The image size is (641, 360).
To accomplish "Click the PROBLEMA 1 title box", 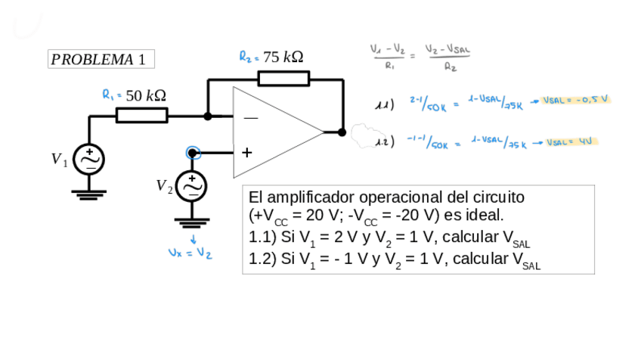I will [x=101, y=59].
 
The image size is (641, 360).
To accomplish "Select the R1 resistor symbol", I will [x=142, y=115].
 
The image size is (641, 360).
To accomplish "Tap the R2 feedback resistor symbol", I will [x=283, y=78].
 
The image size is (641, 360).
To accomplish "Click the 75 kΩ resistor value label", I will [x=283, y=57].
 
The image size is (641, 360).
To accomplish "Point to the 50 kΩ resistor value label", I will [x=146, y=95].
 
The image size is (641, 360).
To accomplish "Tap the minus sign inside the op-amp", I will [x=249, y=118].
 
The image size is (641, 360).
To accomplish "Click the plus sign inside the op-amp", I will [x=246, y=152].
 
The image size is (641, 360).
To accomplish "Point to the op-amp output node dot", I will [x=342, y=132].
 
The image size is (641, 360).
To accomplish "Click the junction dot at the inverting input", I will [x=208, y=116].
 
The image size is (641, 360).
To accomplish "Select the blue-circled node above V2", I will [x=193, y=153].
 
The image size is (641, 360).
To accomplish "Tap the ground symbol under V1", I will [x=89, y=195].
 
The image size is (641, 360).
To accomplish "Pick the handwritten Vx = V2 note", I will [x=190, y=253].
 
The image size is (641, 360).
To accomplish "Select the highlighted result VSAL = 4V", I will [x=571, y=141].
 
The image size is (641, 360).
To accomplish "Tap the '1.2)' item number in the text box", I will [x=263, y=259].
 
